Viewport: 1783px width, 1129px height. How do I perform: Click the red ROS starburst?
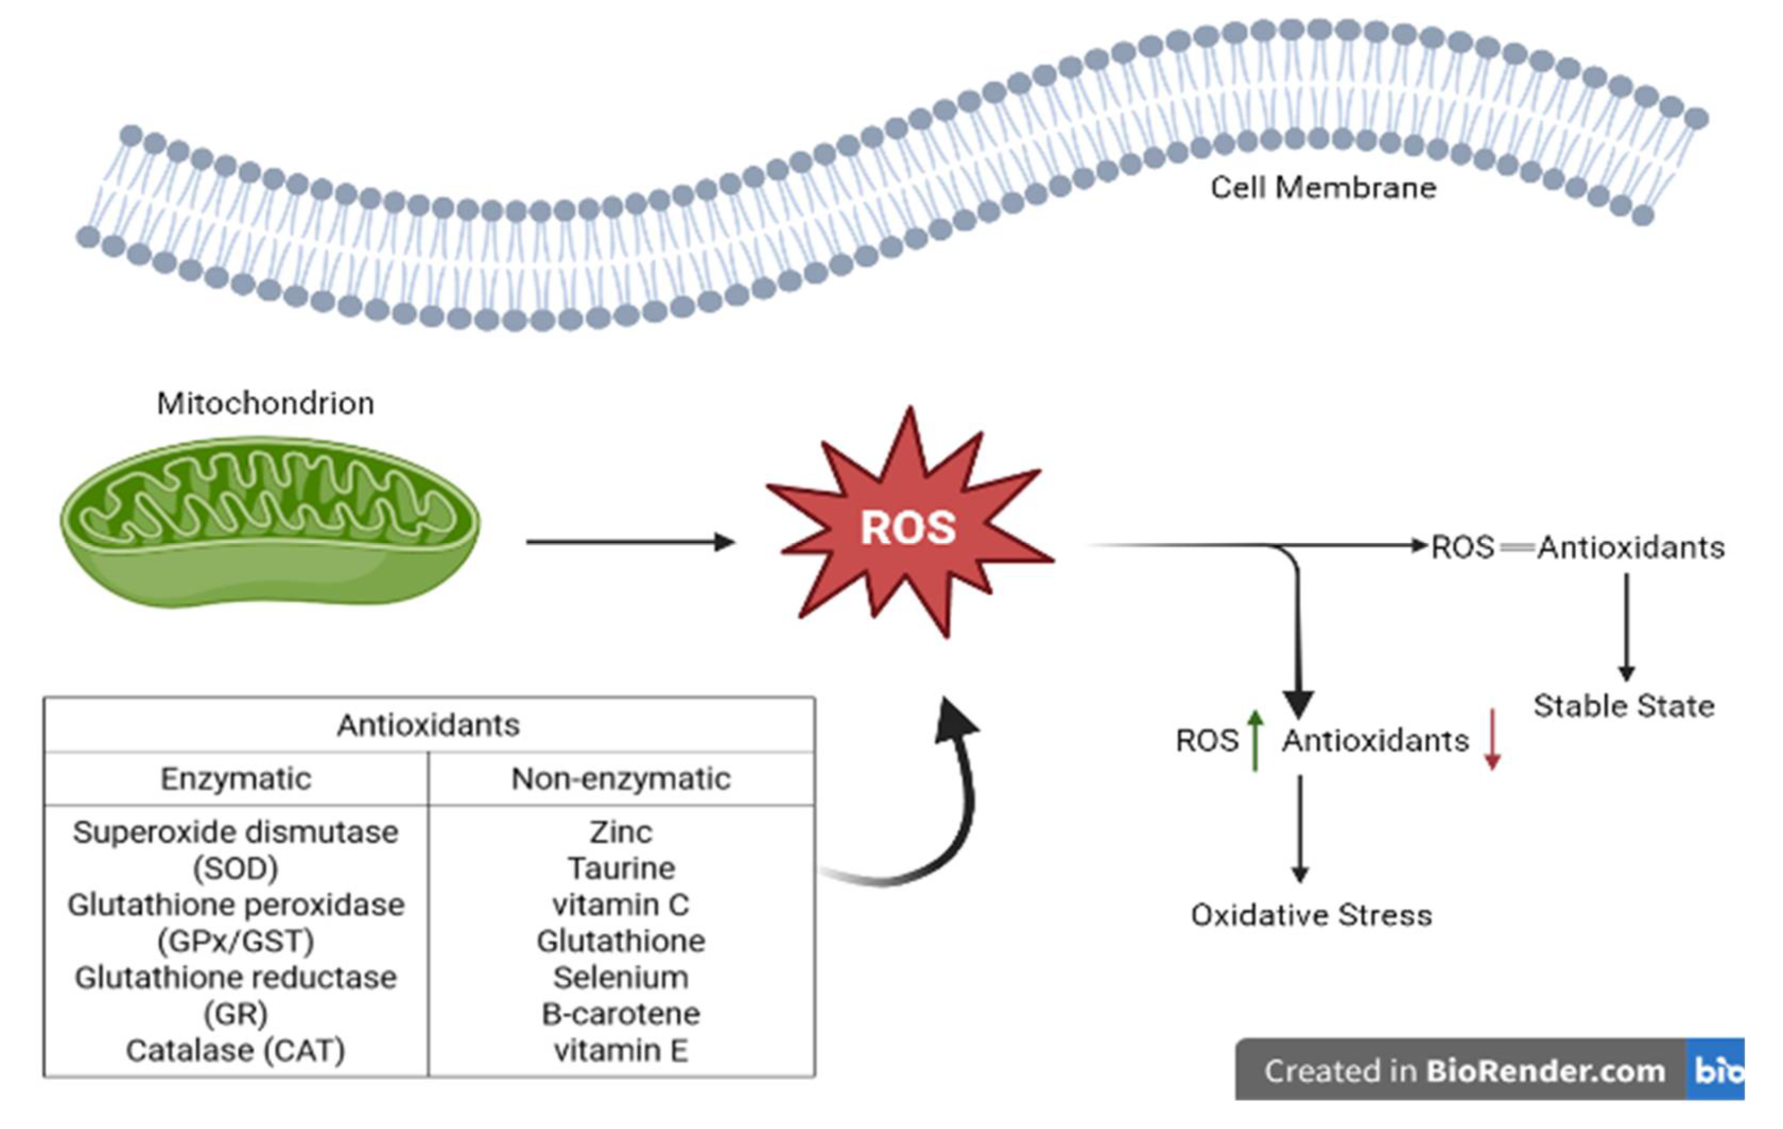coord(909,527)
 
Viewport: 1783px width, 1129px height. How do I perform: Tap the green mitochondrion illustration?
coord(269,522)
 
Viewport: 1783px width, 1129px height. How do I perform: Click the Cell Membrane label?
coord(1323,188)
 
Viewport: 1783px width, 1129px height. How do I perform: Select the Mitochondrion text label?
coord(265,403)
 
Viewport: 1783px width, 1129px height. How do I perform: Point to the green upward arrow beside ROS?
coord(1255,740)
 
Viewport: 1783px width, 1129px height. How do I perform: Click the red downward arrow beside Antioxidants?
coord(1492,740)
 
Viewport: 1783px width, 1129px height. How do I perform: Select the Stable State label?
coord(1624,706)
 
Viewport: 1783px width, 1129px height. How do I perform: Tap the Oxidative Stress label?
coord(1311,916)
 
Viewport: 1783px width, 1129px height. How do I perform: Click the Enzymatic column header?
coord(236,779)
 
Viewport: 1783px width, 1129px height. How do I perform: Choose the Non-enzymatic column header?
coord(621,779)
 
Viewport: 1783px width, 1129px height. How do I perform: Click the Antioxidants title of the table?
coord(428,725)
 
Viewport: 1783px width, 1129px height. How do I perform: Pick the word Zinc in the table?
coord(621,832)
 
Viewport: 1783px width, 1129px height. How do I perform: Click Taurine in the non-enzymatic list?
coord(621,869)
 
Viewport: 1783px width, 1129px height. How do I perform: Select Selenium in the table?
coord(621,977)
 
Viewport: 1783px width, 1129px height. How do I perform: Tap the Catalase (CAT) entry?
coord(236,1050)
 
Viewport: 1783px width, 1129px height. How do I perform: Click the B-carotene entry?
coord(621,1013)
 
